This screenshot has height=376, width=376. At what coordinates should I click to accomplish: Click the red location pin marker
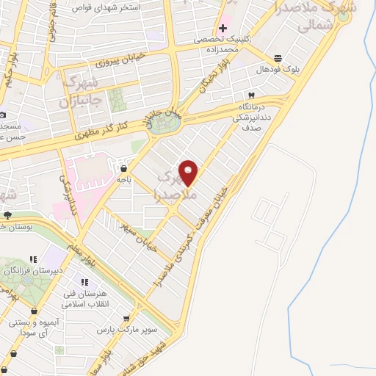[x=189, y=173]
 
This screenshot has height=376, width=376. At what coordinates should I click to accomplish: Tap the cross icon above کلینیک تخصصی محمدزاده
[x=223, y=28]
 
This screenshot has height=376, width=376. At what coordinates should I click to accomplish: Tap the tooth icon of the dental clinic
[x=252, y=95]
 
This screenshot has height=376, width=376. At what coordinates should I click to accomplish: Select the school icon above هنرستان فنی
[x=87, y=282]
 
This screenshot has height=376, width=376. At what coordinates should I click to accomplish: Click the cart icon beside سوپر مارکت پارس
[x=127, y=319]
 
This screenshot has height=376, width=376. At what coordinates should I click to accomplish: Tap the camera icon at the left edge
[x=3, y=115]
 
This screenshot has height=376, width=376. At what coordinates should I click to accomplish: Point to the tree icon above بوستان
[x=7, y=215]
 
